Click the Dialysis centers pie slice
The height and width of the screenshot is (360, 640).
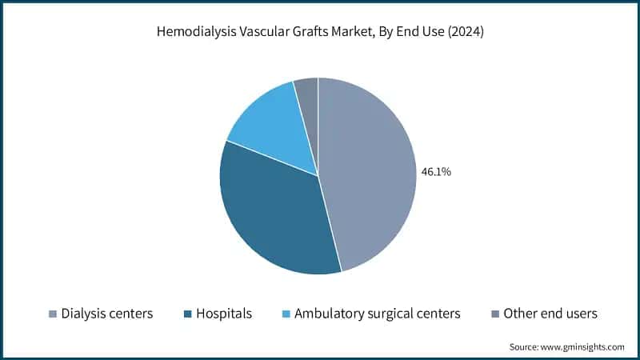click(x=372, y=176)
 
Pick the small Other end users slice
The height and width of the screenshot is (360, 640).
click(x=307, y=92)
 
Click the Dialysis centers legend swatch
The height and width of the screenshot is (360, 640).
click(x=53, y=314)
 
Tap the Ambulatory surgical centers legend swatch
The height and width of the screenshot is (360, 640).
click(x=286, y=314)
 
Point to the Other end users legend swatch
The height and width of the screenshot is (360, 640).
click(x=495, y=314)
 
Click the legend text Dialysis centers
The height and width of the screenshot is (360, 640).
click(x=107, y=314)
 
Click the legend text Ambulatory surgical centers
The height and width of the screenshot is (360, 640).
click(x=377, y=314)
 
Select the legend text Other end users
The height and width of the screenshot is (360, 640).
click(x=550, y=314)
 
